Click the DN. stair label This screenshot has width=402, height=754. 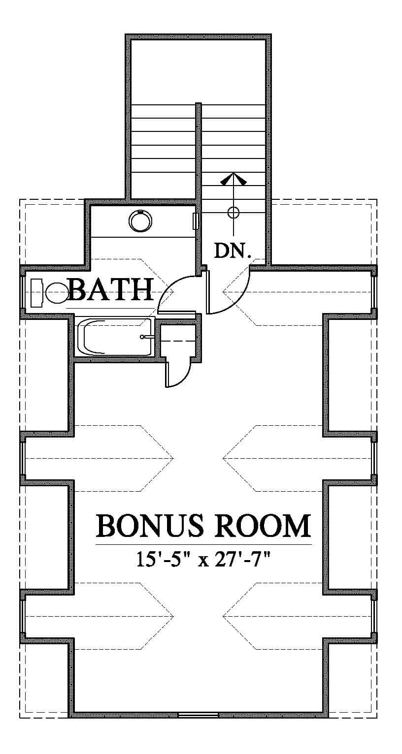pos(233,251)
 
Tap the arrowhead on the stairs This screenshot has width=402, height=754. pos(233,179)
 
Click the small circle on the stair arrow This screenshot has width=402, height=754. pos(233,213)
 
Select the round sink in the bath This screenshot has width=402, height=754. pos(140,221)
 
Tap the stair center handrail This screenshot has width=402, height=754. pos(199,167)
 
